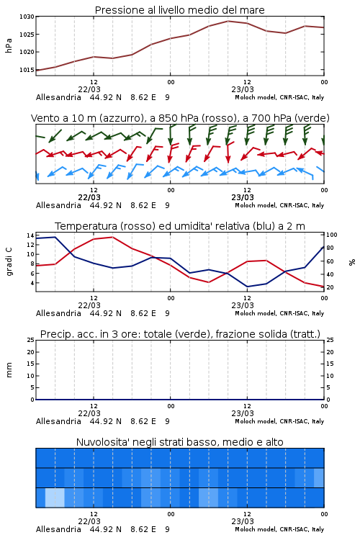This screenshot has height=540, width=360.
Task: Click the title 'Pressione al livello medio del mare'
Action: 179,10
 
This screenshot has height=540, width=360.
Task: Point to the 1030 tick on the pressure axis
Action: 27,17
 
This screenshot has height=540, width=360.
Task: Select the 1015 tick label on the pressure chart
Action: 27,70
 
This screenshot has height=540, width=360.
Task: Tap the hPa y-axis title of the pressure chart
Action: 9,45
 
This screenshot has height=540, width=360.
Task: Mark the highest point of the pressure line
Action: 228,21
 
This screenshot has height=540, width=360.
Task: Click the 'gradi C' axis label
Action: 9,261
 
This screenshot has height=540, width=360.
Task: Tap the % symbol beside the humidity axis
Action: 352,262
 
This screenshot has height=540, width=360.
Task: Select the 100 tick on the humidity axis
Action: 332,235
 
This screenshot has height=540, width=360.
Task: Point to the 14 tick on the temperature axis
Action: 30,235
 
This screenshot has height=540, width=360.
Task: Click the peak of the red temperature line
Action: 112,237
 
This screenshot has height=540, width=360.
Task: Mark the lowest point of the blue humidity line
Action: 247,287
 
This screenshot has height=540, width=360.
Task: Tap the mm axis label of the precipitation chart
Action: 9,370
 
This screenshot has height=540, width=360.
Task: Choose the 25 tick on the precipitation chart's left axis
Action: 30,340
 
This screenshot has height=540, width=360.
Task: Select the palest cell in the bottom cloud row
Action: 55,498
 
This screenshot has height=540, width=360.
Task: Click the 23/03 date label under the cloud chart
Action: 243,521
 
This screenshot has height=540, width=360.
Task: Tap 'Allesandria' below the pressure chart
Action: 58,97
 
